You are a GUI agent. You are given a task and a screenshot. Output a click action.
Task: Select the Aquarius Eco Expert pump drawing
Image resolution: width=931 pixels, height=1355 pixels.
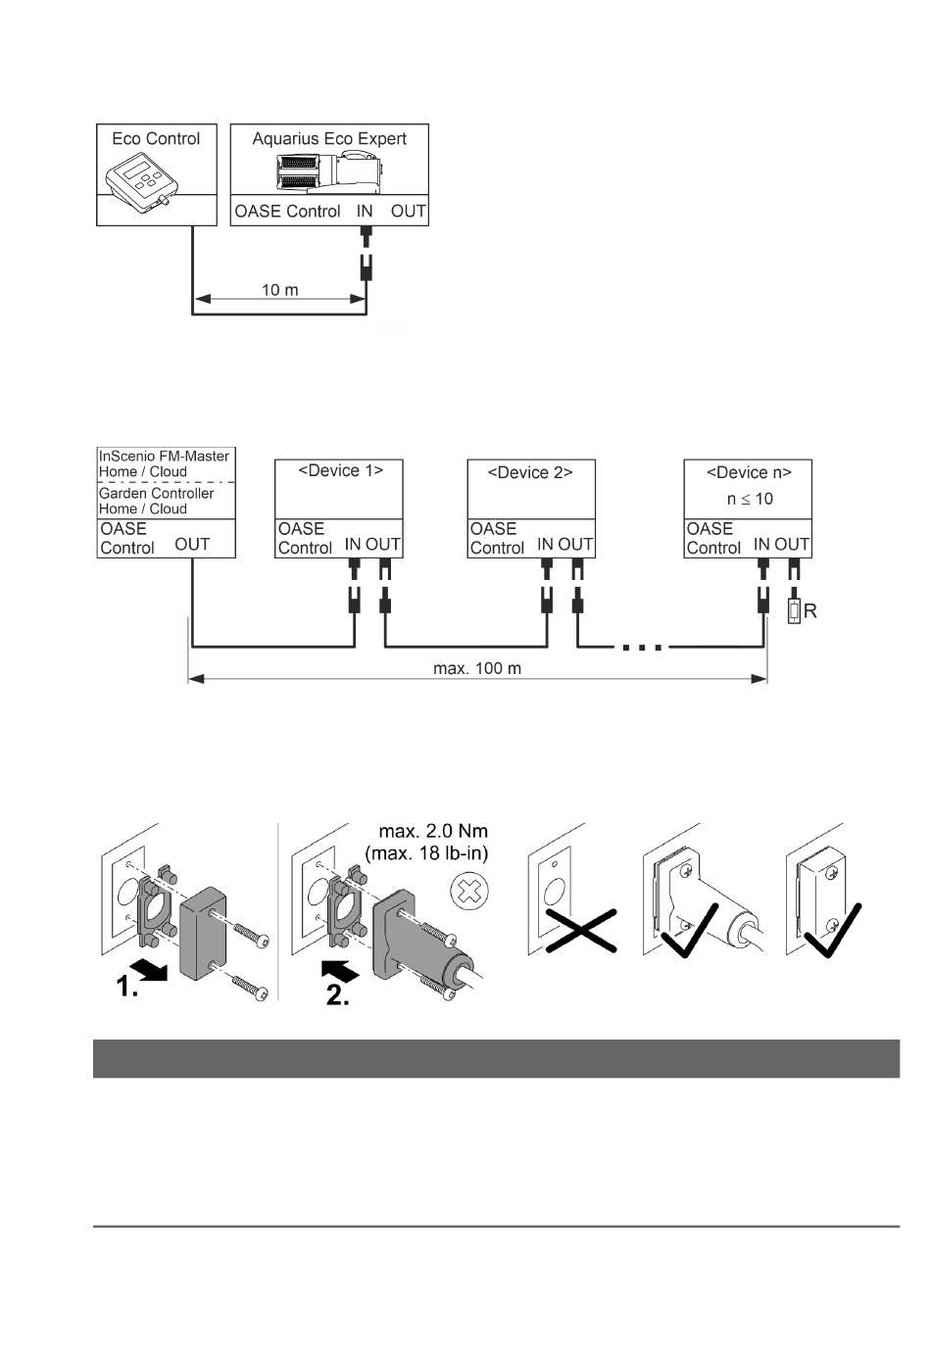pos(328,173)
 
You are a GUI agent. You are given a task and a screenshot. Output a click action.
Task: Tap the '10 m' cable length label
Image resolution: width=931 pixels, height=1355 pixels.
pos(279,290)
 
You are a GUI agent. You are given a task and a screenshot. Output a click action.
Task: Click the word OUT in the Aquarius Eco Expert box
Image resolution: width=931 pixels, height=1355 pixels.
pos(409,211)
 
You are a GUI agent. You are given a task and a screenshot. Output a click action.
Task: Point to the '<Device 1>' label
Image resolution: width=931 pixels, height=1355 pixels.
pos(341,470)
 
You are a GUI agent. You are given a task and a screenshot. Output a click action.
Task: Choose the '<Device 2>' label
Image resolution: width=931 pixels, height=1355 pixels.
pos(530,472)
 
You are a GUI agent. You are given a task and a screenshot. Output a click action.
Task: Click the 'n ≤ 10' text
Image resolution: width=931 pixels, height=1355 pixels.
pos(750,499)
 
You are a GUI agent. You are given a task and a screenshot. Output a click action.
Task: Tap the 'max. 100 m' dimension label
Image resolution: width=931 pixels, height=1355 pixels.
pos(476,668)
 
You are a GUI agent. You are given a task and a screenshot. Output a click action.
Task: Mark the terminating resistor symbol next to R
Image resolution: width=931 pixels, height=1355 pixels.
pos(794,611)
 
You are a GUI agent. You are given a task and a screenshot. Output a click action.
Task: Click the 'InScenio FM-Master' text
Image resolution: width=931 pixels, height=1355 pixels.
pos(164,457)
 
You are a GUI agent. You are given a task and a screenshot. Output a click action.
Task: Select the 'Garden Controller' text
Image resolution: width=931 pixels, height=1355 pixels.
pos(156,494)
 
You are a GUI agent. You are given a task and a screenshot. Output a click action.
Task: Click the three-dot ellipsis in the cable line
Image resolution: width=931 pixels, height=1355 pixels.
pos(642,648)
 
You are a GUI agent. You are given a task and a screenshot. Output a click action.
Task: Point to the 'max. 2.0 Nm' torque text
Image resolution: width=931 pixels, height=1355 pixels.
pos(433,831)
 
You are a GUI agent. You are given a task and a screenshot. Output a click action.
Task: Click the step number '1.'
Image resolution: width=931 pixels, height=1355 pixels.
pos(126,987)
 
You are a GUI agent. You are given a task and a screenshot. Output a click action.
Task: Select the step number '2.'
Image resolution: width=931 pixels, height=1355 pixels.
pos(337,995)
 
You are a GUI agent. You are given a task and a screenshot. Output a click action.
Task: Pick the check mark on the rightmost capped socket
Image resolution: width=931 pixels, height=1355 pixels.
pos(832,932)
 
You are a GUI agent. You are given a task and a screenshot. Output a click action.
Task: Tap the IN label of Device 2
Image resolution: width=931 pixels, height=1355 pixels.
pos(545,545)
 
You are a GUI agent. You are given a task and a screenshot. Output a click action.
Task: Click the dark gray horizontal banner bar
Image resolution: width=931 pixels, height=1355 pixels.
pos(496,1058)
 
